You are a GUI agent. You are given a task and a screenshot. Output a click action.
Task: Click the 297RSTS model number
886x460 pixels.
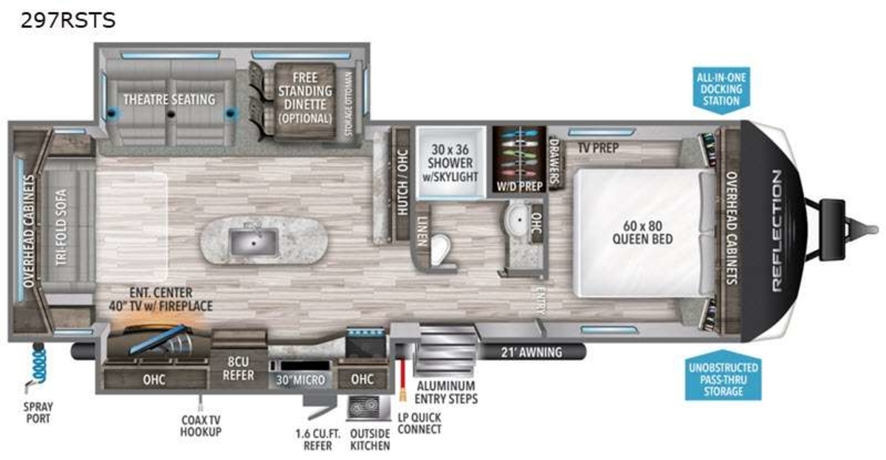68,20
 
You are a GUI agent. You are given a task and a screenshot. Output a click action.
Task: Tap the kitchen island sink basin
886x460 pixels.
254,242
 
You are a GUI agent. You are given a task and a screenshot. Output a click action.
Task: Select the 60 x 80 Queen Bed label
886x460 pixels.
642,233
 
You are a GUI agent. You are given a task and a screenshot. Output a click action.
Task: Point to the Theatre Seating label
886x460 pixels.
169,99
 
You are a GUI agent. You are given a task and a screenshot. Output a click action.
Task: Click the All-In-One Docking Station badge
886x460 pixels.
721,90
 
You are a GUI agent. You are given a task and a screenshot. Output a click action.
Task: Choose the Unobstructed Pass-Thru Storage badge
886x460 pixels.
723,376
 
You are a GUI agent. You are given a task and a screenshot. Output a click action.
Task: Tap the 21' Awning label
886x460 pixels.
531,352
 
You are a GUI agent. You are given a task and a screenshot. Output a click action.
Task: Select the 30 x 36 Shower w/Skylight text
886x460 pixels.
450,163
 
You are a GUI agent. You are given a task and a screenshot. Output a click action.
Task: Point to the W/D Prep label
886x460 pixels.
520,186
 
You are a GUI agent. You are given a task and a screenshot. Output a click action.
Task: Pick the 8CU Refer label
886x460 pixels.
238,368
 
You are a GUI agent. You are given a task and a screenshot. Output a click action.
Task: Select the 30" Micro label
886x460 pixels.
301,380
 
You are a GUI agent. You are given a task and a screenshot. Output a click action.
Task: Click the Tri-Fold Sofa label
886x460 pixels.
61,227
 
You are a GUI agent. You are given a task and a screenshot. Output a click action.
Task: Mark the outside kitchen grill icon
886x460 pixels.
363,408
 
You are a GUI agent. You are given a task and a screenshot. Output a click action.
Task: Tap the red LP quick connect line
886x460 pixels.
403,379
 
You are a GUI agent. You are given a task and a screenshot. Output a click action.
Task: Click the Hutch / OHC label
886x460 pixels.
402,182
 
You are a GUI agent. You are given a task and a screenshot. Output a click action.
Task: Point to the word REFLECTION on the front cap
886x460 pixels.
777,230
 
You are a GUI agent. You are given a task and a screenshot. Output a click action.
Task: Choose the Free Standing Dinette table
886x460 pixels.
305,101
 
